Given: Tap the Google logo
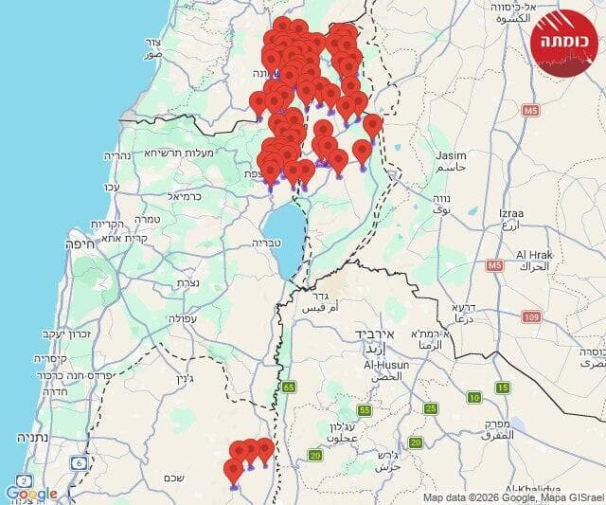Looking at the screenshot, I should point(30,494).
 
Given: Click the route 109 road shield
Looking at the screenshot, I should point(531,316).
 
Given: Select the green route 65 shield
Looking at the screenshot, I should point(288,387).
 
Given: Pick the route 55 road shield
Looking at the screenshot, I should point(365,410).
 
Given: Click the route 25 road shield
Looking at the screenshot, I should point(431,408).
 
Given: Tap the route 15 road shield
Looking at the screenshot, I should point(503,387).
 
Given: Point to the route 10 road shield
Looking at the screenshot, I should point(472,398).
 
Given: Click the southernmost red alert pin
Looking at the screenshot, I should point(234,473).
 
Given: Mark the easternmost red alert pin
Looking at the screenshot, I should point(373,126).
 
